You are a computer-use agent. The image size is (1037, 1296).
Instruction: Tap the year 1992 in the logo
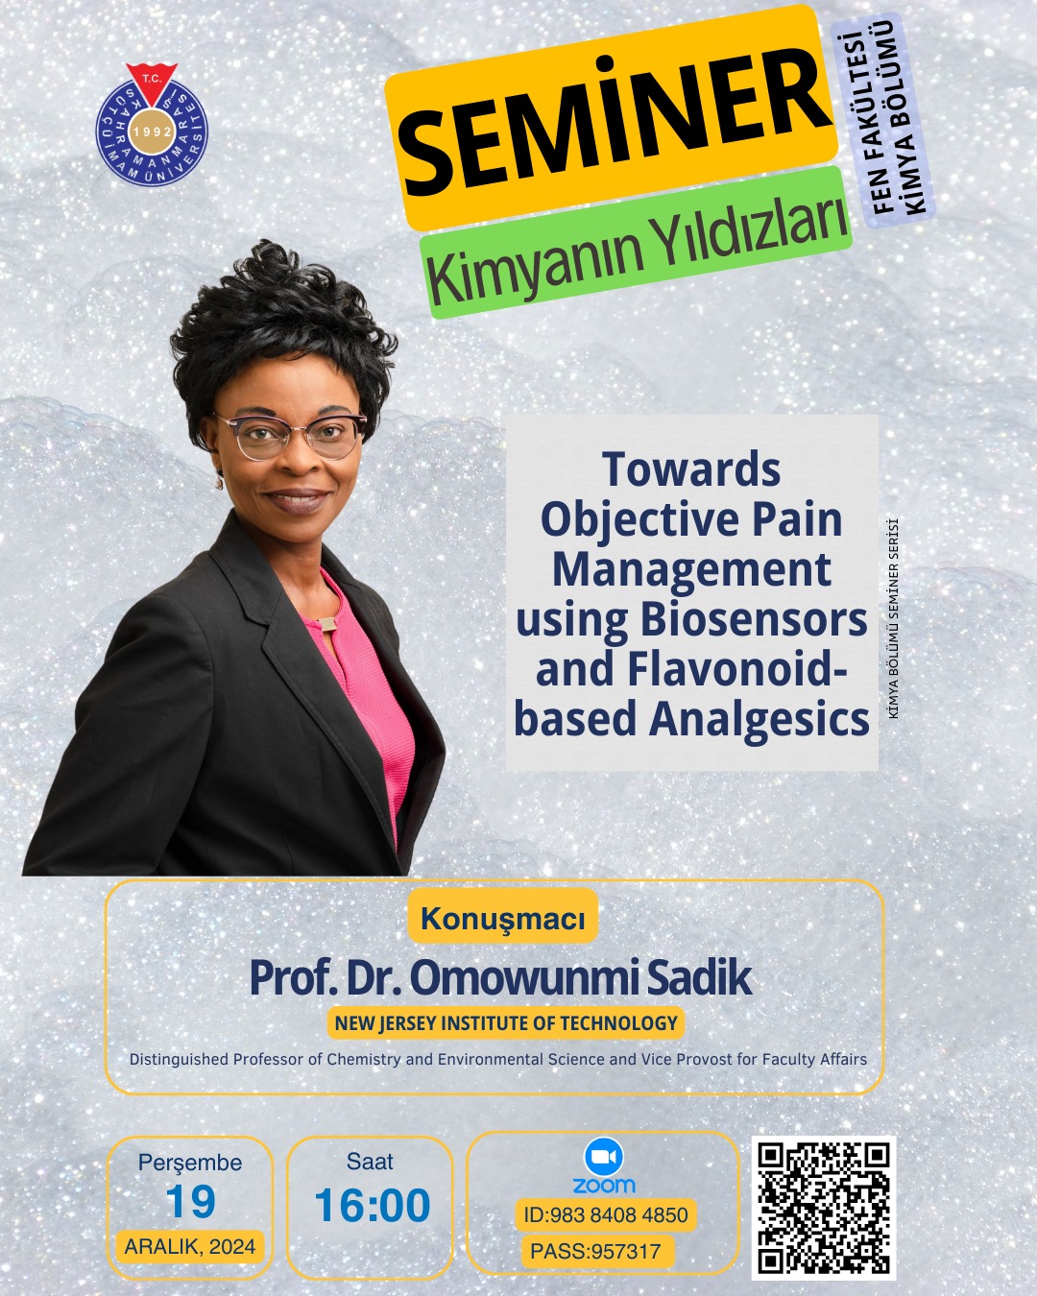click(152, 132)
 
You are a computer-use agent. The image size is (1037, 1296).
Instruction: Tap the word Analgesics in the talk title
click(759, 720)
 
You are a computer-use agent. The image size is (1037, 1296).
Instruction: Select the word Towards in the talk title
click(691, 468)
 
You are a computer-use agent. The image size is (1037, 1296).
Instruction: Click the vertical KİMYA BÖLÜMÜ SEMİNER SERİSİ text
click(894, 618)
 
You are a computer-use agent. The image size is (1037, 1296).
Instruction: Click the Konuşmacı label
click(502, 919)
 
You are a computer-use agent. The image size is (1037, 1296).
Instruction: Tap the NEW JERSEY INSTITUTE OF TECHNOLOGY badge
click(506, 1022)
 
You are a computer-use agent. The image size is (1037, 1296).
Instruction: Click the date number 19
click(190, 1202)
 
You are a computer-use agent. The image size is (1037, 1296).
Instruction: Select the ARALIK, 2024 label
click(190, 1246)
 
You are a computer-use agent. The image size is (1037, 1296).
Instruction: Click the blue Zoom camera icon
click(604, 1157)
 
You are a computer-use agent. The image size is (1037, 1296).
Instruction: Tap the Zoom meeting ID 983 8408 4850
click(606, 1214)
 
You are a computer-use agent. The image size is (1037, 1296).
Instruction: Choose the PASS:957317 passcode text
click(595, 1251)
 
